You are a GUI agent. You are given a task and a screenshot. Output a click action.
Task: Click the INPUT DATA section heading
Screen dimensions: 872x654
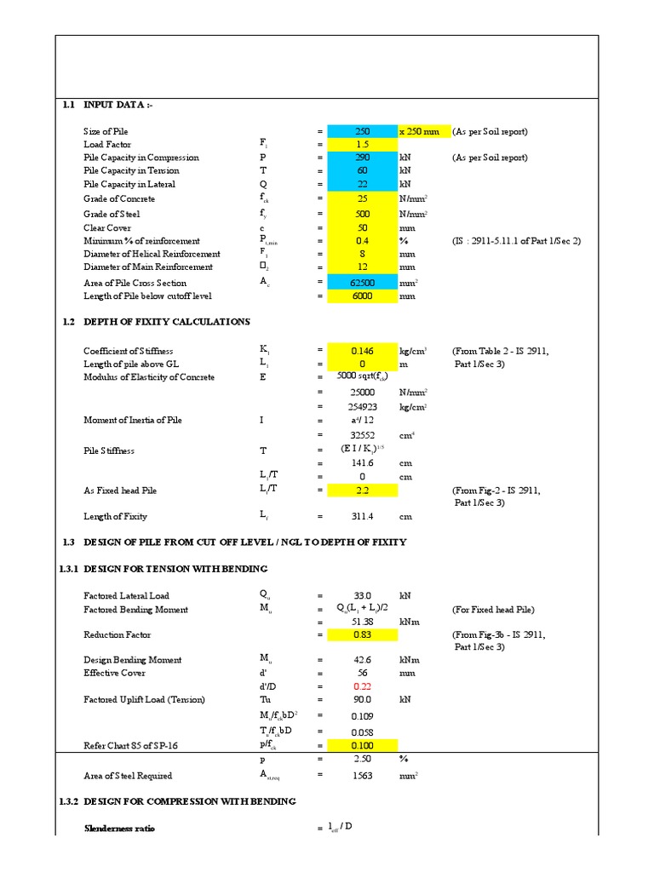coord(118,105)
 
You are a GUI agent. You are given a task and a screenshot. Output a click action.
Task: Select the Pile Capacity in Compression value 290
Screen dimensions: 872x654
coord(363,158)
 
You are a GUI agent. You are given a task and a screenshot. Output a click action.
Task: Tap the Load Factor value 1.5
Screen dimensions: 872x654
coord(363,145)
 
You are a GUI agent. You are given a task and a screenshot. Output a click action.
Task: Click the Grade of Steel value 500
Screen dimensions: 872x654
coord(363,215)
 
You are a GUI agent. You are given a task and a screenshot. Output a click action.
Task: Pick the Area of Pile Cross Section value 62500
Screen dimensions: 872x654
coord(363,283)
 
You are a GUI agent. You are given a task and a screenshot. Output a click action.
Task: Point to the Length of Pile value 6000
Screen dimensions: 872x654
coord(363,296)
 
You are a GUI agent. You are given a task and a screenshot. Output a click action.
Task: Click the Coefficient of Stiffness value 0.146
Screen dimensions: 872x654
coord(363,351)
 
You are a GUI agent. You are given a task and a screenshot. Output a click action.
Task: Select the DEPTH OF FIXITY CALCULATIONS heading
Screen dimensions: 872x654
coord(166,322)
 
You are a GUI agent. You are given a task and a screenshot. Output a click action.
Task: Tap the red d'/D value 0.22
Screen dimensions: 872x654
coord(363,686)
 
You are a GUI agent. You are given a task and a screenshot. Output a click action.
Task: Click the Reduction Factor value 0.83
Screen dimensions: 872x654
coord(363,635)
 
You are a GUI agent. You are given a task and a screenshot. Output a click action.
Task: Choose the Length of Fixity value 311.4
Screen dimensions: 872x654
coord(363,517)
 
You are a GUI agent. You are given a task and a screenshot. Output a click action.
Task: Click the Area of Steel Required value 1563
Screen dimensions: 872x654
coord(363,776)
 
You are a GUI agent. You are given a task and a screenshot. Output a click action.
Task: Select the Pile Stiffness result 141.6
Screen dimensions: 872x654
coord(363,462)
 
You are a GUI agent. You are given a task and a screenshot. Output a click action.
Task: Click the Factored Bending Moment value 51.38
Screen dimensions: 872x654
coord(363,622)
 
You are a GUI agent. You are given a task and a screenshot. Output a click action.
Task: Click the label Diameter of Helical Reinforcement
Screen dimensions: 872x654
coord(152,254)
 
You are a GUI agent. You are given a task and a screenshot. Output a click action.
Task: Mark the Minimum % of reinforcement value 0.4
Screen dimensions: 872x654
coord(363,241)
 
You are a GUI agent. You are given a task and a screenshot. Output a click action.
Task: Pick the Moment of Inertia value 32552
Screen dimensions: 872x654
coord(363,433)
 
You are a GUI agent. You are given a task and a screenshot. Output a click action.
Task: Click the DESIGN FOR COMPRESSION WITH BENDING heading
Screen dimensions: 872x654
coord(189,801)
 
